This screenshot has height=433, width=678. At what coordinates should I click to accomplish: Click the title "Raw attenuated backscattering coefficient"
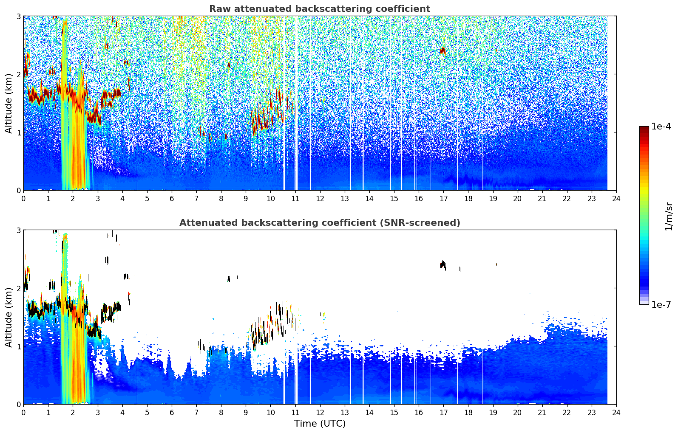320,9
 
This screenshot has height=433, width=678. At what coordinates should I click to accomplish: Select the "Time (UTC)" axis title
320,424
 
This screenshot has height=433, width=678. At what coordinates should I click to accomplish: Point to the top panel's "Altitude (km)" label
9,104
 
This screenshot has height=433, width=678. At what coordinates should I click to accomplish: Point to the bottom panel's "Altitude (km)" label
9,317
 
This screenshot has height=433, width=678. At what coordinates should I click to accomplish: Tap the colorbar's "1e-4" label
661,127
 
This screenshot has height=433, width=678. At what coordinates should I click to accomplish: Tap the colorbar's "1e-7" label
661,304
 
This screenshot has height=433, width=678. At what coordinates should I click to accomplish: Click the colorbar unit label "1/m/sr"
669,217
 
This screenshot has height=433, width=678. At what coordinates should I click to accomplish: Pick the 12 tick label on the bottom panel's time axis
320,413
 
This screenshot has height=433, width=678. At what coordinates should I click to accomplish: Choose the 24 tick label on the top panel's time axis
616,199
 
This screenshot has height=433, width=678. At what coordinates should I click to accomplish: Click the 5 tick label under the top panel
147,199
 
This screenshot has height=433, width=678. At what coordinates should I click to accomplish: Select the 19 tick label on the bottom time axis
493,413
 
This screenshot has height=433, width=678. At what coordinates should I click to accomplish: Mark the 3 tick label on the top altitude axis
18,16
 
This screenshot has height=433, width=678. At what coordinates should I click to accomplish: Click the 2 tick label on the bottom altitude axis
18,288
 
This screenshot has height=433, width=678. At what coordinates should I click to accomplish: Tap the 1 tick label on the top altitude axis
18,132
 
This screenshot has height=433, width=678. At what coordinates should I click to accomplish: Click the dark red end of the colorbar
644,128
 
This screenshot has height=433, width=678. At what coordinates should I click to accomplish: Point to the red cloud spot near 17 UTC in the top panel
443,51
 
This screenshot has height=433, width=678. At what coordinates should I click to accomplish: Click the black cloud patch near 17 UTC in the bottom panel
443,265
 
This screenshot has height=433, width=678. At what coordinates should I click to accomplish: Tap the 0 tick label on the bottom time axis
24,413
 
